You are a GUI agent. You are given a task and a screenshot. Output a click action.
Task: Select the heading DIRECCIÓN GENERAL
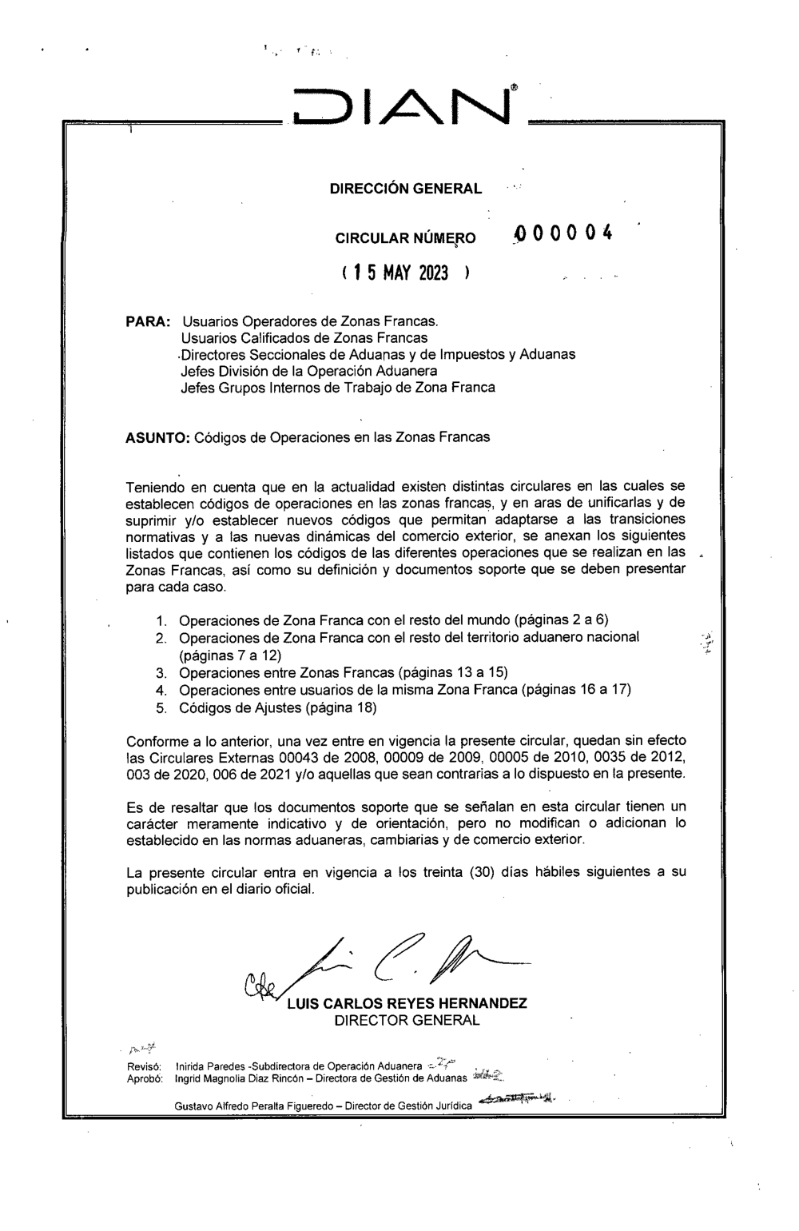405,189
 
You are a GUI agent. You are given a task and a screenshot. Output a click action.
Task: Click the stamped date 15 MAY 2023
399,273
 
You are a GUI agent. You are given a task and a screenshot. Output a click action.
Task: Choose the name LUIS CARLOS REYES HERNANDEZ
406,1004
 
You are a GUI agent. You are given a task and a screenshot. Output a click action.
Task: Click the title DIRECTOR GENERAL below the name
406,1021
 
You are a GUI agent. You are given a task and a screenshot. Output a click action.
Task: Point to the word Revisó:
145,1067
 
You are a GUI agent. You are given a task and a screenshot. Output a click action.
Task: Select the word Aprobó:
145,1078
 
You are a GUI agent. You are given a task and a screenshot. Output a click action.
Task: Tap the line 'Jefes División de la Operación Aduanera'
309,371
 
